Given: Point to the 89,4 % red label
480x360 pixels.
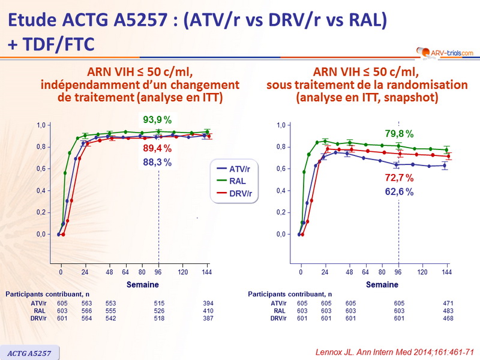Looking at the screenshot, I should point(158,148).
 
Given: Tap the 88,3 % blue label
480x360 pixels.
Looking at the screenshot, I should point(158,162).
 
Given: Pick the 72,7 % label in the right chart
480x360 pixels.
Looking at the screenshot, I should point(398,178).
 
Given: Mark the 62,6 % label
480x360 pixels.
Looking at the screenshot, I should point(398,192).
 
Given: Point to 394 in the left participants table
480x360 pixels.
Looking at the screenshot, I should point(208,304).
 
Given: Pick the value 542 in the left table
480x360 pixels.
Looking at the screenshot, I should point(110,318).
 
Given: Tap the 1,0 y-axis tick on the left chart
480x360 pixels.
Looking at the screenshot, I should point(41,125).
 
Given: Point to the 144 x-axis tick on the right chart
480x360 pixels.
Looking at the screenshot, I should point(446,272).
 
